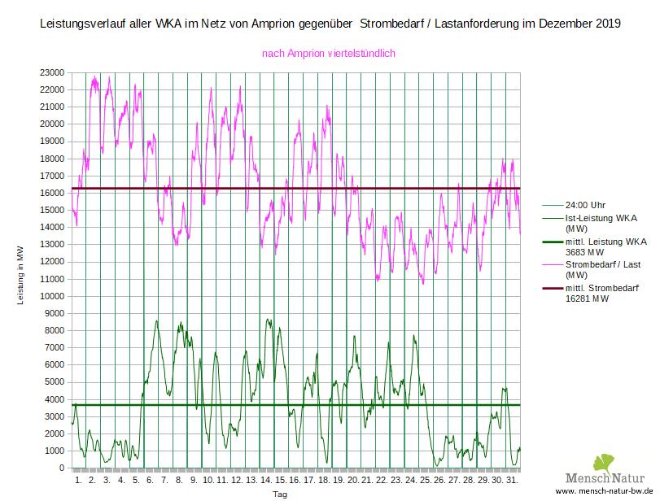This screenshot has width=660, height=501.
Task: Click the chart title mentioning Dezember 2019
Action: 330,24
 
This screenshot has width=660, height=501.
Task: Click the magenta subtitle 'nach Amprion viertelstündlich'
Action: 328,54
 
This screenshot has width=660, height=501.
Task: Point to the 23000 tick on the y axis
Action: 53,72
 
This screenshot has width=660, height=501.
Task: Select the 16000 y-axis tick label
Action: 53,193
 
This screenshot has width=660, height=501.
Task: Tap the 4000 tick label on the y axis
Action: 55,399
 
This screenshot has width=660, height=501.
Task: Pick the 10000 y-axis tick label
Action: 53,296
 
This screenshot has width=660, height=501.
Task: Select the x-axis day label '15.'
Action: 280,481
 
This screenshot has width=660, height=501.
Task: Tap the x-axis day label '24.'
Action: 410,481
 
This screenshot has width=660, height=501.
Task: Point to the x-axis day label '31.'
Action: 512,481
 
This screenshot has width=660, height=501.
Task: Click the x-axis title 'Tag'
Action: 280,494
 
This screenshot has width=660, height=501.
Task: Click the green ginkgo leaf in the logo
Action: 603,464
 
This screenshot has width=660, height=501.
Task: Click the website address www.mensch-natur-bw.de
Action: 605,493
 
